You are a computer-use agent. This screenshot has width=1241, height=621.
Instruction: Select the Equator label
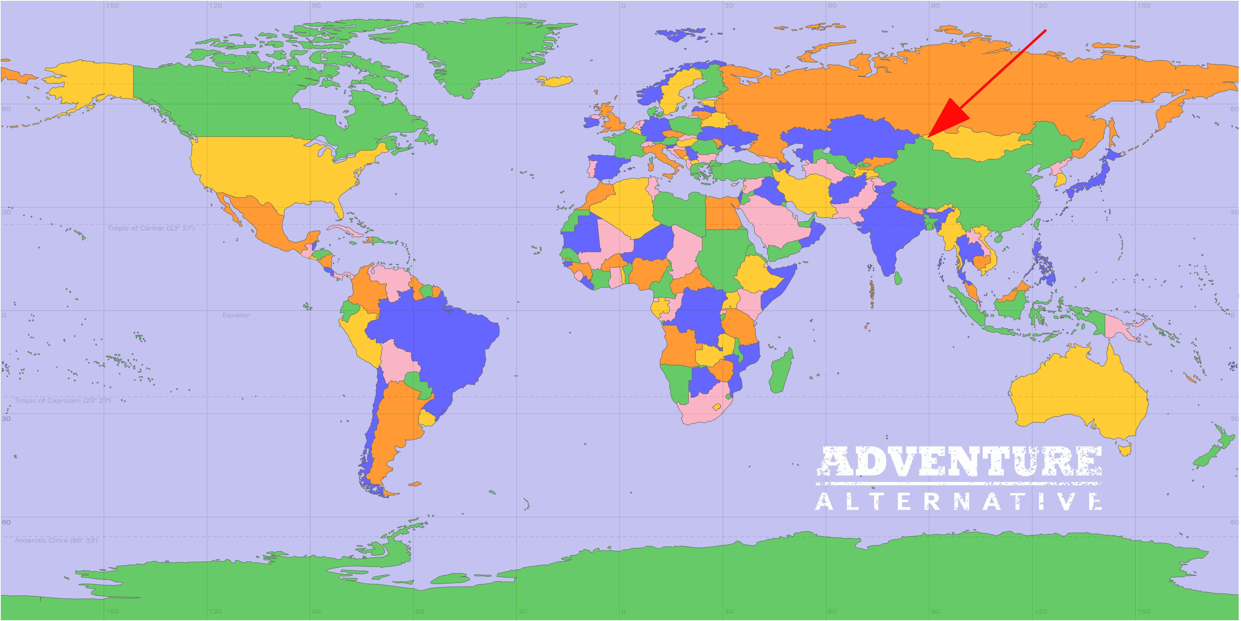point(236,315)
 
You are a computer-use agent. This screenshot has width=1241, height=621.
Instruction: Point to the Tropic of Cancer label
point(151,228)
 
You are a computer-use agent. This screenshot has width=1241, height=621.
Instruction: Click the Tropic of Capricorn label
point(63,401)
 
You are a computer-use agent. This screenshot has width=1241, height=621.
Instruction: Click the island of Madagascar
point(780,371)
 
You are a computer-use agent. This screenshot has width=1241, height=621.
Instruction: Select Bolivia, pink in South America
point(397,359)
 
